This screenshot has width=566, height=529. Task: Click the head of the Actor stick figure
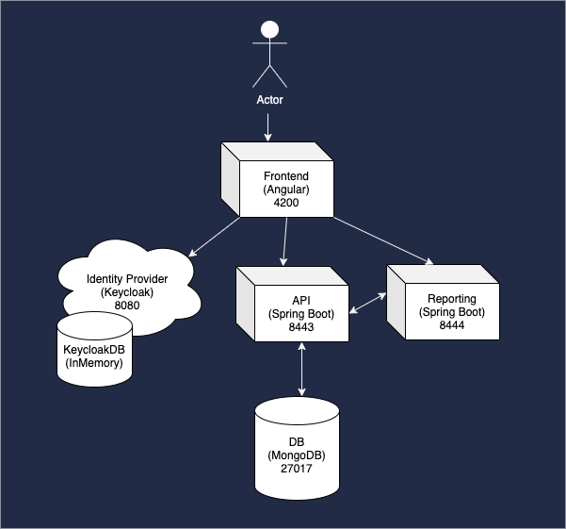click(270, 29)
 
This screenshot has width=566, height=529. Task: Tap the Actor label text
click(270, 100)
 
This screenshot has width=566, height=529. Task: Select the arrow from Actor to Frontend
click(270, 126)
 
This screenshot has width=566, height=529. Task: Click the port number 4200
click(286, 203)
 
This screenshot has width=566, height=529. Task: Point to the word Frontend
click(286, 176)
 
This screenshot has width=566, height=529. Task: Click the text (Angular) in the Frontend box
click(286, 190)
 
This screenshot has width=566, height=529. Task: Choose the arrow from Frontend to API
click(285, 240)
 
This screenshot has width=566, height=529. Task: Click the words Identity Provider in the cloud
click(133, 279)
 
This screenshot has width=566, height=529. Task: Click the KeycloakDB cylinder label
click(93, 350)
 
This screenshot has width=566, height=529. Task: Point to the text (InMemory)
click(93, 363)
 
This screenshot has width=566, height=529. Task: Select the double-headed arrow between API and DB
click(301, 369)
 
